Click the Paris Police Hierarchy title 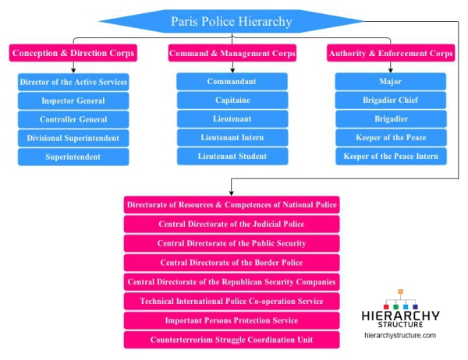click(x=232, y=21)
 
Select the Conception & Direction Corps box click(x=73, y=53)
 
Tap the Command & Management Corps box click(x=232, y=53)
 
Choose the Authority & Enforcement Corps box click(x=391, y=53)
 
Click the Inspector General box click(x=73, y=101)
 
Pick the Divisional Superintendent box click(x=73, y=138)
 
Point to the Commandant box click(x=232, y=81)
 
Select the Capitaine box click(x=232, y=101)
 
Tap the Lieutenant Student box click(x=232, y=157)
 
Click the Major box click(x=391, y=81)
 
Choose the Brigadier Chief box click(x=391, y=101)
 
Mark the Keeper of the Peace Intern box click(x=391, y=157)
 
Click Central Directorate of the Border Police click(x=232, y=263)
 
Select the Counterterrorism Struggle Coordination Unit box click(x=232, y=340)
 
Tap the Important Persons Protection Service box click(x=232, y=320)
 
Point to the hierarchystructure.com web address click(x=400, y=335)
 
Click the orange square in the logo click(x=401, y=291)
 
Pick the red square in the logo click(x=386, y=306)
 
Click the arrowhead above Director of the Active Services click(x=73, y=70)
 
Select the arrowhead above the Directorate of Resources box click(x=232, y=193)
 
